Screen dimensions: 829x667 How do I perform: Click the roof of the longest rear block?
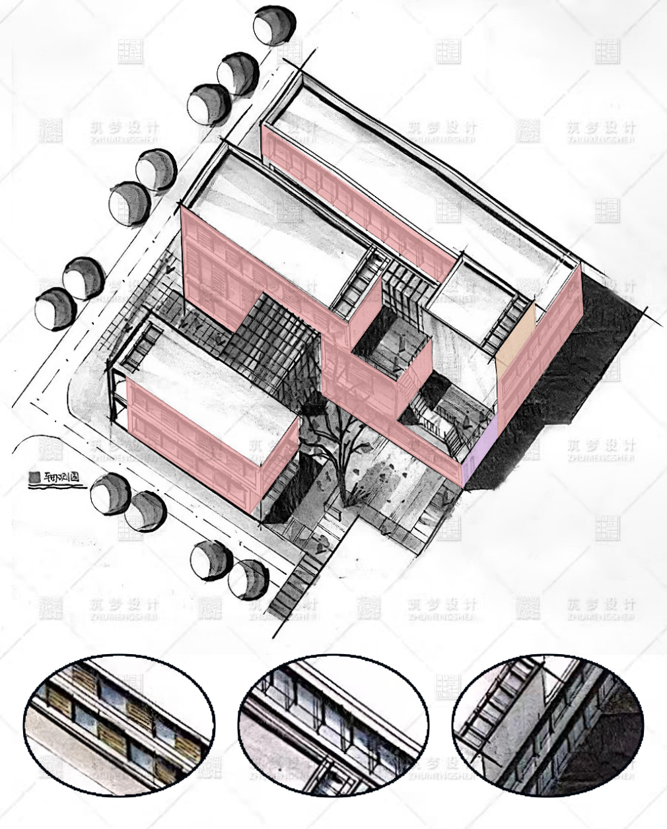pos(423,172)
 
